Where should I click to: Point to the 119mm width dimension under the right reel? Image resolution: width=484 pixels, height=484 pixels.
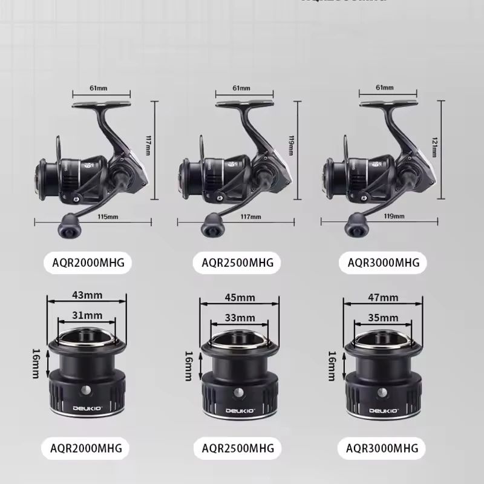pyautogui.click(x=394, y=217)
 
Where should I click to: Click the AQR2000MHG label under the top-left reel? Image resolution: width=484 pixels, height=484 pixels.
pyautogui.click(x=88, y=263)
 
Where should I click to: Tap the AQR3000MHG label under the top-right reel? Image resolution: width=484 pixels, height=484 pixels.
pyautogui.click(x=383, y=263)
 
